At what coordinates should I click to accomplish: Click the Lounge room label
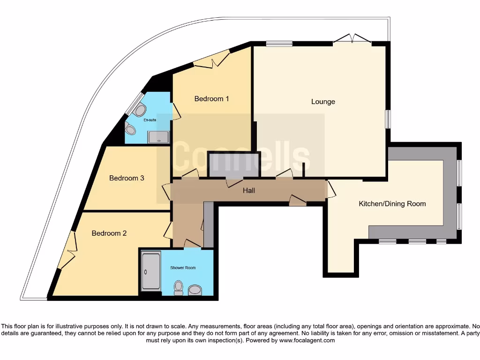[323, 102]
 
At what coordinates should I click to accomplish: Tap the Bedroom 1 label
[211, 98]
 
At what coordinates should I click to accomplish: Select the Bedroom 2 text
[109, 233]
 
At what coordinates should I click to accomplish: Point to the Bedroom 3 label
[127, 178]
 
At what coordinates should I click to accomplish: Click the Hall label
[249, 190]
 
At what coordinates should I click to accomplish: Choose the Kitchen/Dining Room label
[392, 204]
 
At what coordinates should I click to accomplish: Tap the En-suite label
[150, 120]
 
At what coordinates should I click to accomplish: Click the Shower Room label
[183, 268]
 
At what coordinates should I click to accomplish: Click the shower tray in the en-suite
[158, 137]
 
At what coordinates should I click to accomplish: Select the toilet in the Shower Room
[178, 288]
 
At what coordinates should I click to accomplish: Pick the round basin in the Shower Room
[195, 290]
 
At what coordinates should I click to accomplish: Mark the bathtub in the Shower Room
[151, 271]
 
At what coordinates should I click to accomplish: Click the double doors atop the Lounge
[352, 38]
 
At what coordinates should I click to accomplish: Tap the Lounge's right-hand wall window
[388, 119]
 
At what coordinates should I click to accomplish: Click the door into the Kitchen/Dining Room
[331, 189]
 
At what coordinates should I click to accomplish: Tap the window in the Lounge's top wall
[279, 44]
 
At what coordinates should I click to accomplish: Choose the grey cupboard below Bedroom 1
[234, 165]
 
